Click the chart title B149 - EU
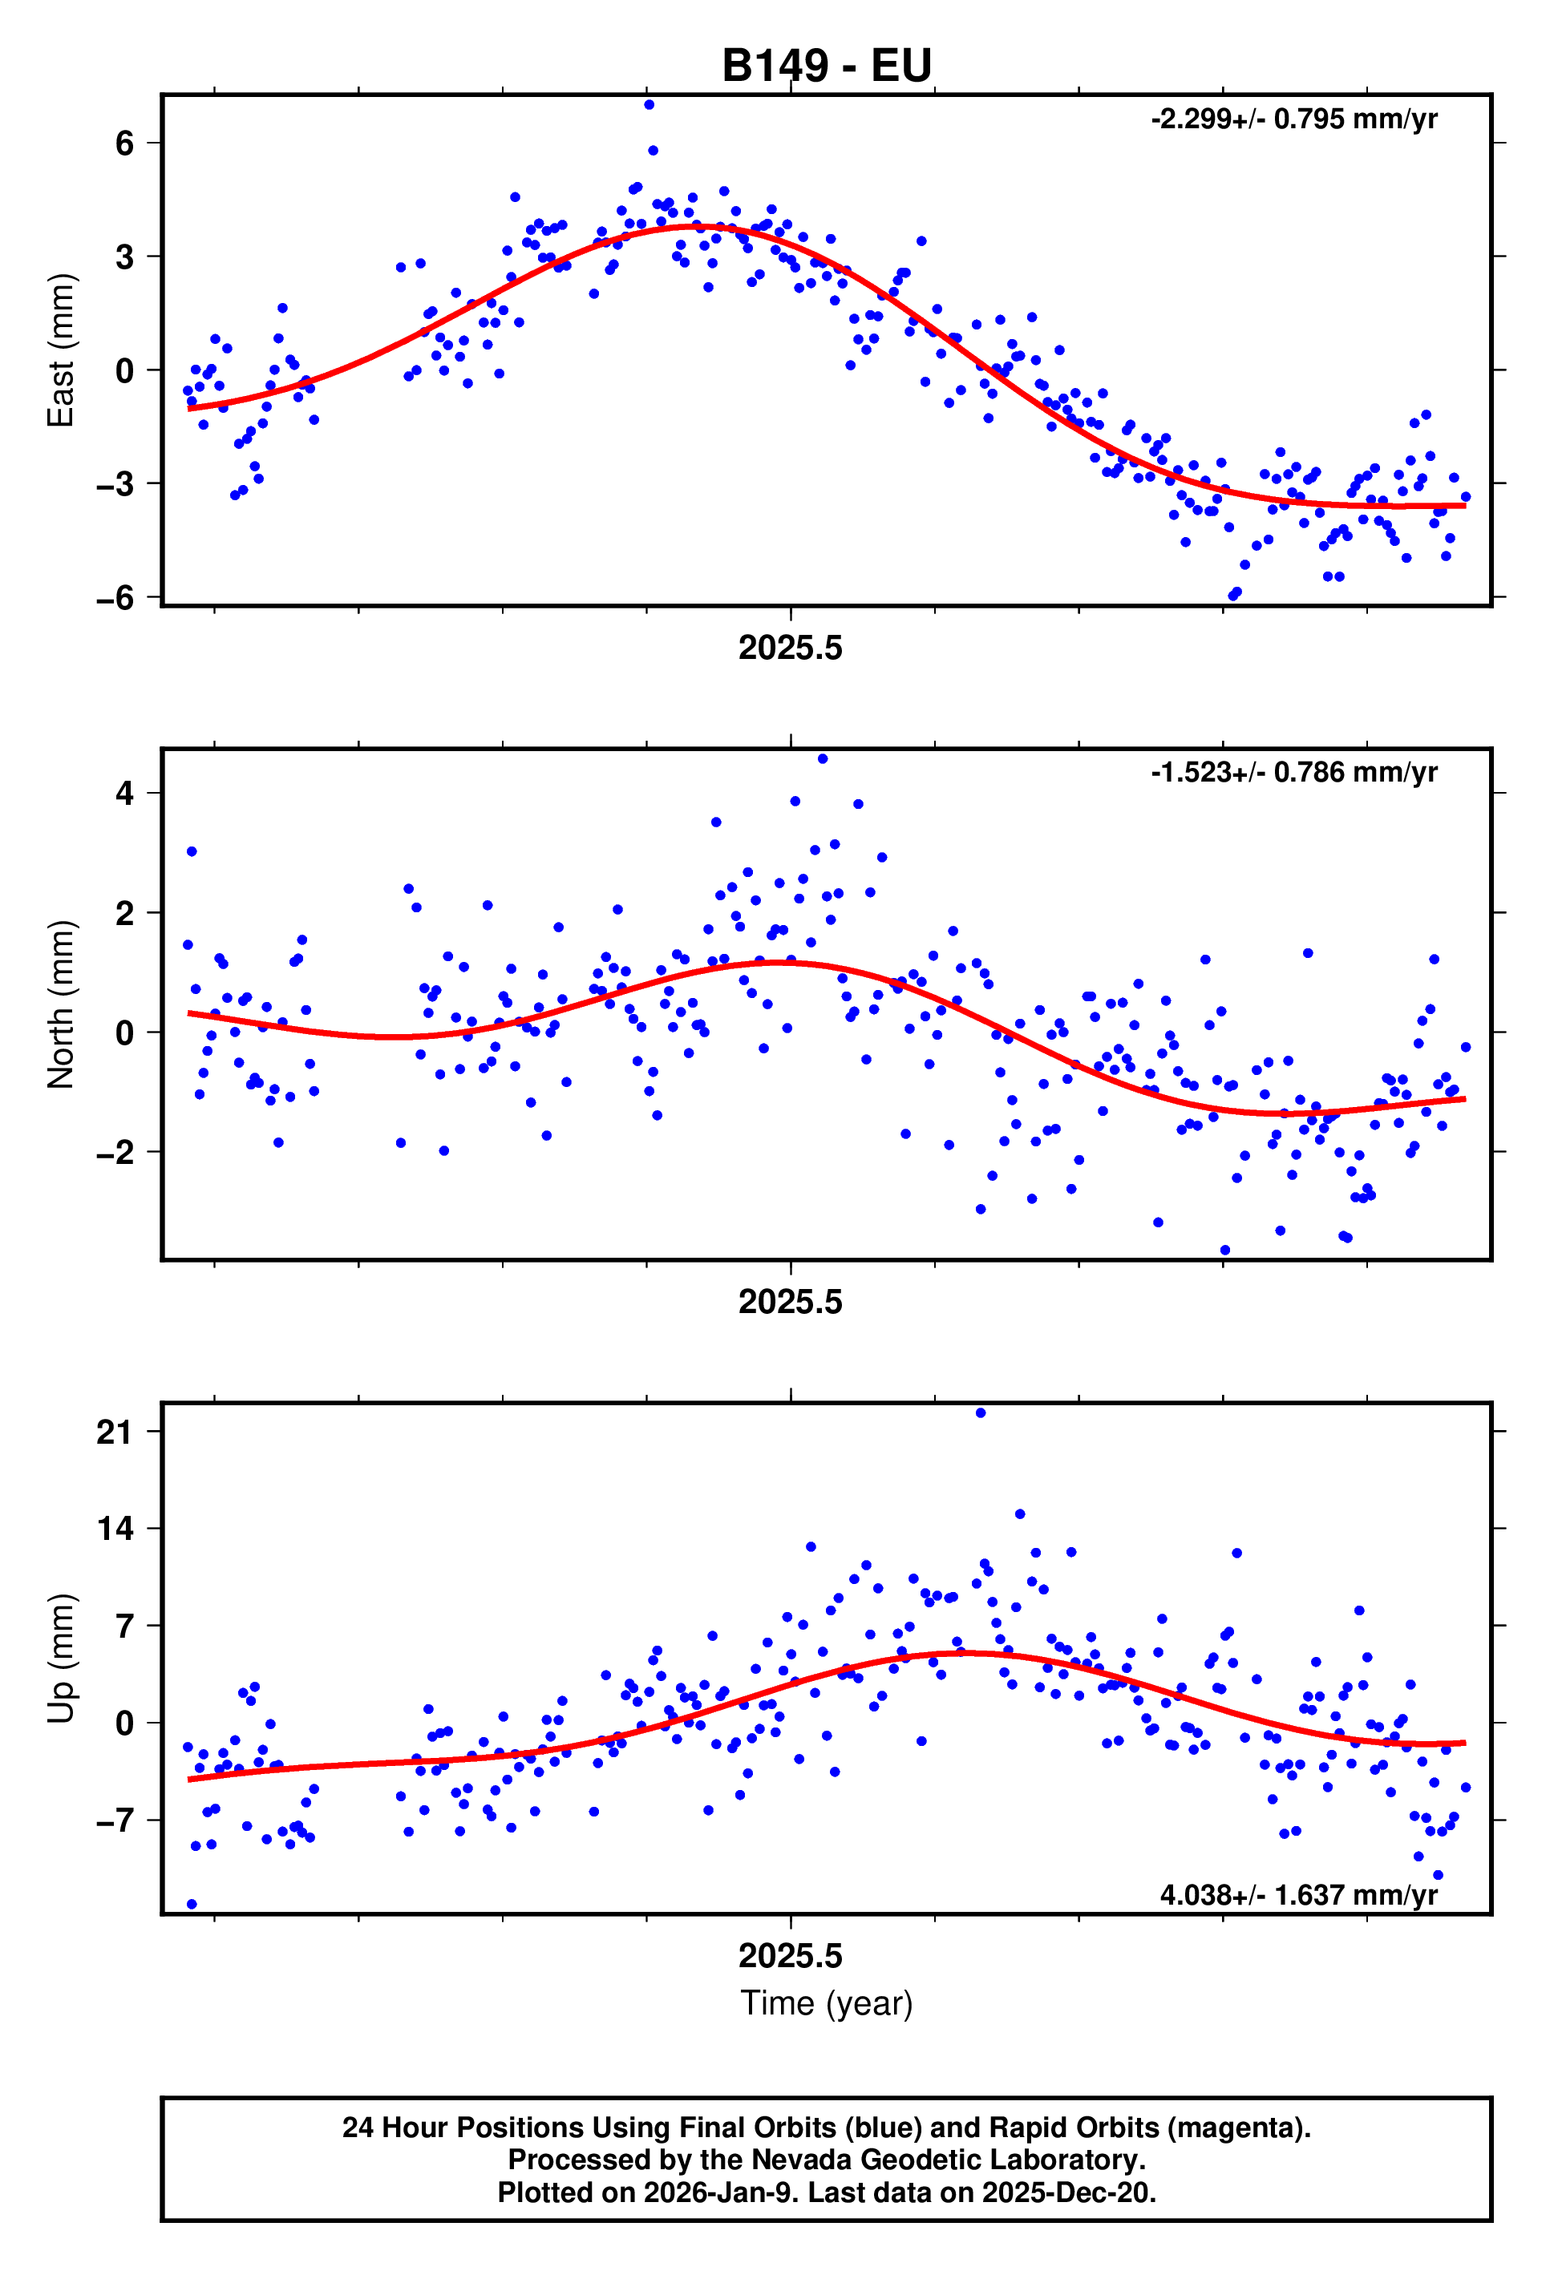point(826,66)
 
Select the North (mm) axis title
point(61,1004)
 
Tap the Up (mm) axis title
point(61,1659)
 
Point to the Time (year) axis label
point(826,2002)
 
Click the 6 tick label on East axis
point(124,143)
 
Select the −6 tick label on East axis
point(115,597)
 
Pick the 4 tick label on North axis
point(124,793)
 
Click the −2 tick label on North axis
point(115,1152)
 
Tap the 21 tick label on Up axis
point(115,1433)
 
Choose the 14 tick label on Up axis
point(115,1529)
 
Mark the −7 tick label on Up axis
point(115,1820)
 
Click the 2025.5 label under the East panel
point(790,648)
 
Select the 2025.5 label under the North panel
point(790,1302)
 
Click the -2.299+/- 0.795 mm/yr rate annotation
point(1293,119)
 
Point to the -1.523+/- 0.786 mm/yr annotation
point(1293,772)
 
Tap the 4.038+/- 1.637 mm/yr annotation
point(1298,1895)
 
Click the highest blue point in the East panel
point(649,104)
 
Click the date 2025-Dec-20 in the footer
point(1068,2192)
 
